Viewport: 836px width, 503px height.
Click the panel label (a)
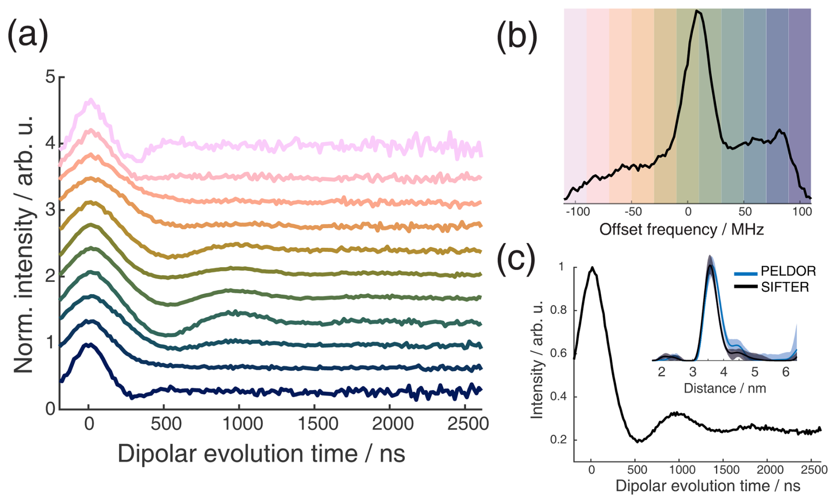click(x=27, y=35)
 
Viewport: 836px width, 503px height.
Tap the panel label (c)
click(x=516, y=258)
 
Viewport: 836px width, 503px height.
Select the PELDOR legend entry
click(x=788, y=271)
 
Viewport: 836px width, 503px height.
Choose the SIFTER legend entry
click(x=785, y=287)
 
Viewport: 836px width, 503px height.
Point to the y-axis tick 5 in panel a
click(x=50, y=77)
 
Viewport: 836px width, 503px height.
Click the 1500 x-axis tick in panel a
click(x=317, y=424)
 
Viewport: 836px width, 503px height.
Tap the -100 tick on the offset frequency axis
click(x=578, y=212)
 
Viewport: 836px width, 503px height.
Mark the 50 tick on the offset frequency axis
click(x=744, y=212)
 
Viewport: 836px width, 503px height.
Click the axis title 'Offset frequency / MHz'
click(x=681, y=230)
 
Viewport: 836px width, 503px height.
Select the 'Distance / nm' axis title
click(x=725, y=388)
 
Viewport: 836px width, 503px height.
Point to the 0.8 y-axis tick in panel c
click(x=558, y=310)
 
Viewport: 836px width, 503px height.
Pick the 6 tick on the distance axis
click(x=786, y=372)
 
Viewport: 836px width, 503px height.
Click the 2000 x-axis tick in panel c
click(x=770, y=469)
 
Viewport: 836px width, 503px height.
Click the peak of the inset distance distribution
click(x=710, y=265)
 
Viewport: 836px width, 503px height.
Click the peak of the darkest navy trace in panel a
click(x=90, y=344)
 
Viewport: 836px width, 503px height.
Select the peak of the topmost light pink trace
click(x=91, y=100)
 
